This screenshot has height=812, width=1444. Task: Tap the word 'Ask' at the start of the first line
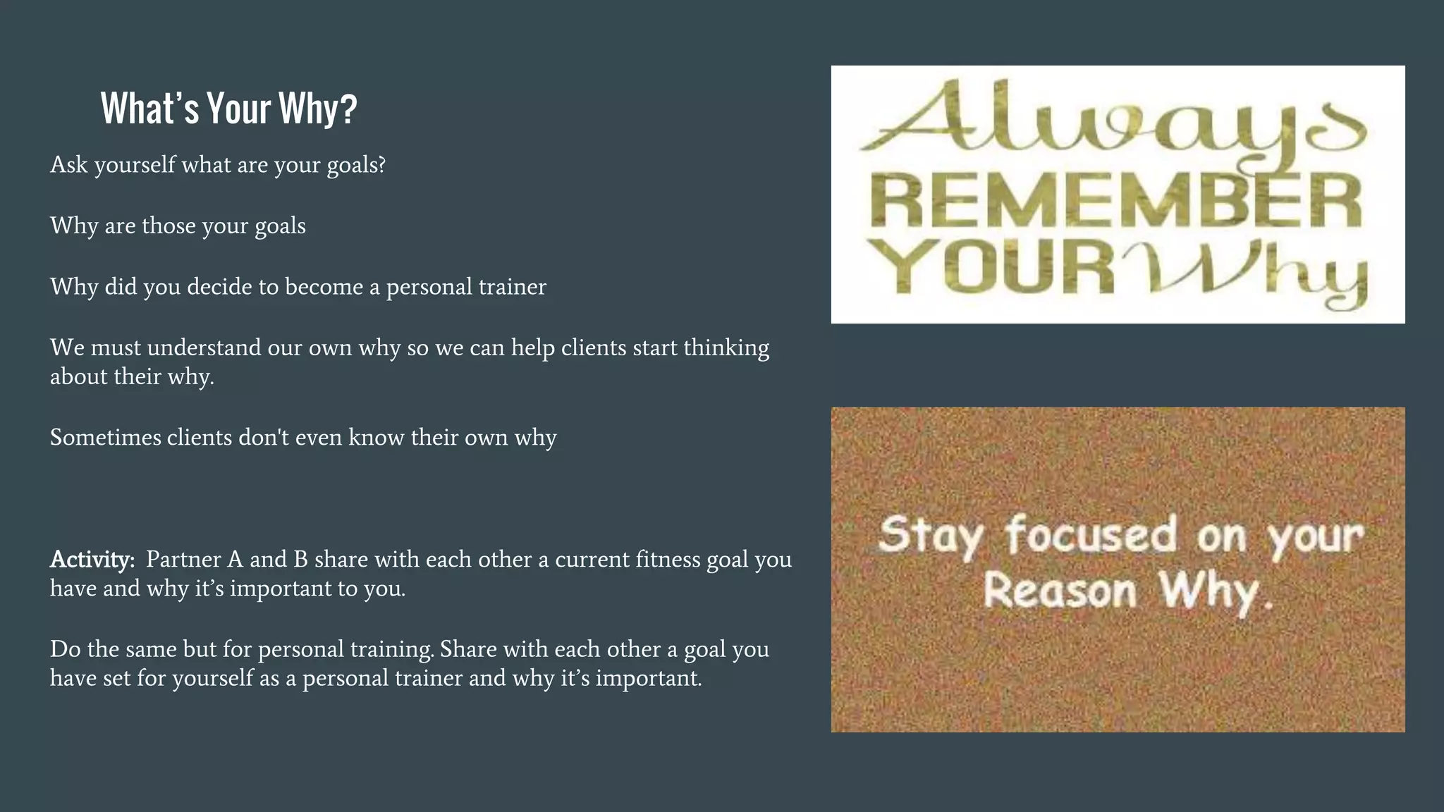pos(69,164)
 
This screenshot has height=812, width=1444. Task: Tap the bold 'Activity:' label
pos(92,559)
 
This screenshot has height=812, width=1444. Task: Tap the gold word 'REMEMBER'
pos(1116,202)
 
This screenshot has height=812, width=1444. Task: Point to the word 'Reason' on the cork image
pos(1059,590)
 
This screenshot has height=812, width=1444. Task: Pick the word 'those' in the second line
pos(169,226)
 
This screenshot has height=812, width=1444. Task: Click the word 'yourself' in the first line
pos(135,164)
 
